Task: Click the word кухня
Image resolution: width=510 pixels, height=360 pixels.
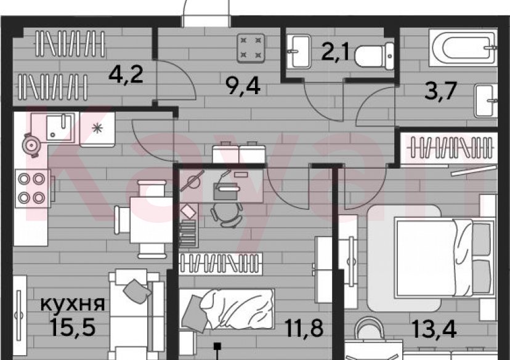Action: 73,303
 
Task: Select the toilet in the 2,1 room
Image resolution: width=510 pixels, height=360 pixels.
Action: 369,54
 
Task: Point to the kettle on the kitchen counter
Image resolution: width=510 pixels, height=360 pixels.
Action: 31,143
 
